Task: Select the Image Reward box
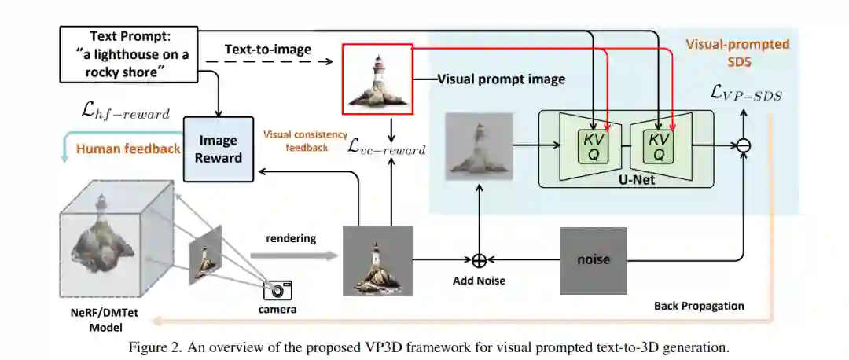coord(218,149)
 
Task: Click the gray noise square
coord(594,259)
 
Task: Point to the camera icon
coord(277,289)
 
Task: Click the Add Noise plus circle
coord(479,260)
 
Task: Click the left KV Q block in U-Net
coord(594,146)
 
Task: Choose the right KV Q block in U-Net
coord(659,146)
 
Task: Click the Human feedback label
coord(127,149)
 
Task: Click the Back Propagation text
coord(699,306)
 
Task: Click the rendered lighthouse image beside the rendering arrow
coord(377,260)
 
